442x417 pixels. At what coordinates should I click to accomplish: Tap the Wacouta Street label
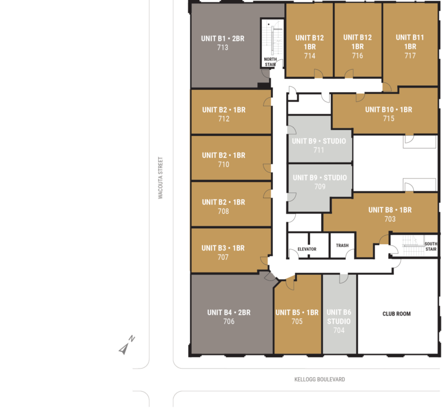point(161,178)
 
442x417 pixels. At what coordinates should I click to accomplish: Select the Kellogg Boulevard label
point(319,380)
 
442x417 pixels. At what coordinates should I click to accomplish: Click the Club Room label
point(397,314)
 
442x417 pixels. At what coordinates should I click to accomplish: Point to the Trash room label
point(342,245)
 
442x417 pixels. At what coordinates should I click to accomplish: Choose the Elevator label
point(307,249)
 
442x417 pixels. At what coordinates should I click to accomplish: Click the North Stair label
point(270,62)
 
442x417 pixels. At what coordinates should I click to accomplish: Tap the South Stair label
point(431,247)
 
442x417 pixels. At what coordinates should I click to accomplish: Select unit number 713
point(223,47)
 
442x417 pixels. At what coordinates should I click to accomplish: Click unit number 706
point(229,321)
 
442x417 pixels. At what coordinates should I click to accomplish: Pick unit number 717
point(410,56)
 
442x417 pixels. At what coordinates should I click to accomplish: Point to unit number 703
point(390,219)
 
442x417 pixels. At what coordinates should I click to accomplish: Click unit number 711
point(319,150)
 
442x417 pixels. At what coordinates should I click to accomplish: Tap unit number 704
point(339,330)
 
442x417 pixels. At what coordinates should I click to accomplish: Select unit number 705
point(297,321)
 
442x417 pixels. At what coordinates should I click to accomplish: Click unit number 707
point(223,257)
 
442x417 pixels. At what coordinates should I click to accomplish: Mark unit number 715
point(388,119)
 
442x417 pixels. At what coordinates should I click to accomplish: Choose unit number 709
point(320,187)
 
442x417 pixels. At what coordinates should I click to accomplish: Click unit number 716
point(357,56)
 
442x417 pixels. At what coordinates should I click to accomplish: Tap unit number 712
point(224,119)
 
